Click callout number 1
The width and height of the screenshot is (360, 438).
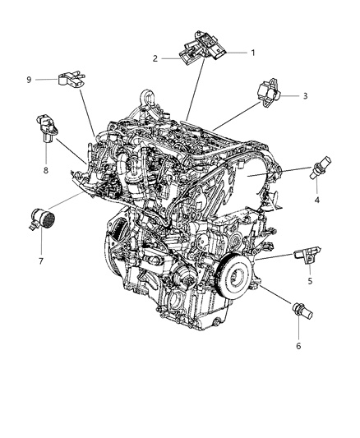(253, 53)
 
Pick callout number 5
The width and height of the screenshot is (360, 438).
(309, 282)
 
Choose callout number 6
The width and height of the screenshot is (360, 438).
(298, 346)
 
